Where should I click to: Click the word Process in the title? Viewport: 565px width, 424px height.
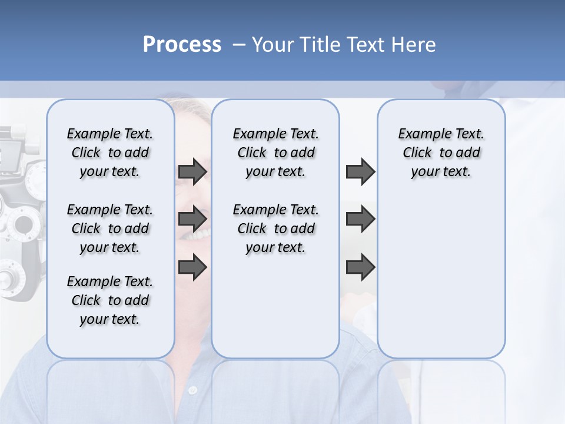pyautogui.click(x=182, y=45)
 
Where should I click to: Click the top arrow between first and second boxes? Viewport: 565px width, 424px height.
pyautogui.click(x=192, y=172)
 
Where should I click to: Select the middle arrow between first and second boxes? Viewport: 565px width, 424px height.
pyautogui.click(x=192, y=220)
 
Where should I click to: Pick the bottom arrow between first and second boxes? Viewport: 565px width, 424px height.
pyautogui.click(x=192, y=267)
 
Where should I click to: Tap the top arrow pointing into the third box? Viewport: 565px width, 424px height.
pyautogui.click(x=360, y=172)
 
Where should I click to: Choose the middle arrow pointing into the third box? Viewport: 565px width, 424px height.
pyautogui.click(x=360, y=220)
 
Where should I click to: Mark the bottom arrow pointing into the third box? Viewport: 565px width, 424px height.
pyautogui.click(x=360, y=267)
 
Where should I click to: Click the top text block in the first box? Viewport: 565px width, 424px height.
pyautogui.click(x=110, y=153)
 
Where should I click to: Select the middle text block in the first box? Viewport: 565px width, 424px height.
pyautogui.click(x=110, y=228)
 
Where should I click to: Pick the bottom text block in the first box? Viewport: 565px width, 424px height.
pyautogui.click(x=110, y=300)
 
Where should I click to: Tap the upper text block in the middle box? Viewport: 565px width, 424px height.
pyautogui.click(x=275, y=153)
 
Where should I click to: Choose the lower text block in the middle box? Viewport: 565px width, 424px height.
pyautogui.click(x=275, y=228)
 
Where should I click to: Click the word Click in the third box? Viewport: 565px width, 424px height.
pyautogui.click(x=417, y=153)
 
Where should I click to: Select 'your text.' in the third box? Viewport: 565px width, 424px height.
pyautogui.click(x=441, y=172)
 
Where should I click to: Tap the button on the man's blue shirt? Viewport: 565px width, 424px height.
pyautogui.click(x=192, y=390)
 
